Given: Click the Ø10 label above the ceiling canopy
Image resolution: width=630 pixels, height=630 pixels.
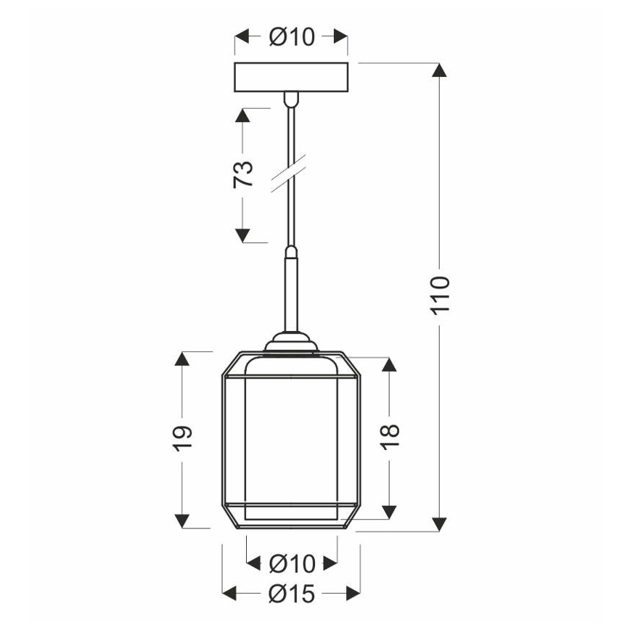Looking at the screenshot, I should [292, 37].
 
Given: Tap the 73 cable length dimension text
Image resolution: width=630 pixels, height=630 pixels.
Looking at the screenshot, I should [244, 175].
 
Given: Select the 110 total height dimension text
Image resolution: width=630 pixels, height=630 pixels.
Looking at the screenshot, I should [441, 294].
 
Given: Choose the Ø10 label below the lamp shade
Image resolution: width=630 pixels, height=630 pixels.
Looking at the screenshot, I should [292, 563].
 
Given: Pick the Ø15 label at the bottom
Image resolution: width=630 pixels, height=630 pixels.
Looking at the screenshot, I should [291, 594].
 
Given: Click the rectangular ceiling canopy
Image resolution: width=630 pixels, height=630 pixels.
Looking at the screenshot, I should [291, 77].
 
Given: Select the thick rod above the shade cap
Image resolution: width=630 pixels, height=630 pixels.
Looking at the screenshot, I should [290, 290].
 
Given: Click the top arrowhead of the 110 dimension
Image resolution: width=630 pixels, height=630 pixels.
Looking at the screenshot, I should [439, 71].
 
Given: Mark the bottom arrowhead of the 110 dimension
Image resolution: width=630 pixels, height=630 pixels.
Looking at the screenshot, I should [439, 523].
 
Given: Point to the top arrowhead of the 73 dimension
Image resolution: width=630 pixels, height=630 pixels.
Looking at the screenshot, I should [244, 117].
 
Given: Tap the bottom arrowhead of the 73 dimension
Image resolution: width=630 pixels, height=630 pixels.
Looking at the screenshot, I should [244, 234].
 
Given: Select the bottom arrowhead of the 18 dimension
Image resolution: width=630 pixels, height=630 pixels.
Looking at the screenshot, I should [390, 512].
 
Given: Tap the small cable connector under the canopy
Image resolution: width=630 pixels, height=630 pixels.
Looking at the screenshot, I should [290, 97].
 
